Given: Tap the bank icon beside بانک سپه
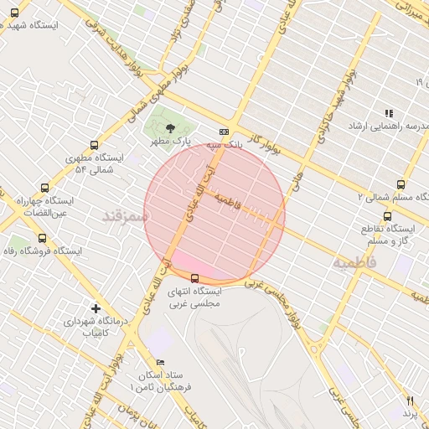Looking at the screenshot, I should pos(224,132).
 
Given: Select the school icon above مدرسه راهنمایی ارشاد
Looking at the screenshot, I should pos(388,113).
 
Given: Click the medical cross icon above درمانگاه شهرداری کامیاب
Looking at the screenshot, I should pos(96,308).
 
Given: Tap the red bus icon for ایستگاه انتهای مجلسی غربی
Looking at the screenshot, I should pos(195,278).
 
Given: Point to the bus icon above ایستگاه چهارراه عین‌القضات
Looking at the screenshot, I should pos(44,189).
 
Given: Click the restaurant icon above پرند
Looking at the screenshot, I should pos(410,401).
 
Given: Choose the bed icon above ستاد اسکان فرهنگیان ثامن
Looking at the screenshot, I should pos(160,361).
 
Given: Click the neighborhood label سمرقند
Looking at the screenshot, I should pos(123,215).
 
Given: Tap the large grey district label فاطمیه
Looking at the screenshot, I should pos(354,262).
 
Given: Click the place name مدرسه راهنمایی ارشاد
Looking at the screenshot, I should pos(390,125).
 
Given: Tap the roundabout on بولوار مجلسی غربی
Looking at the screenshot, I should pos(319,340).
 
